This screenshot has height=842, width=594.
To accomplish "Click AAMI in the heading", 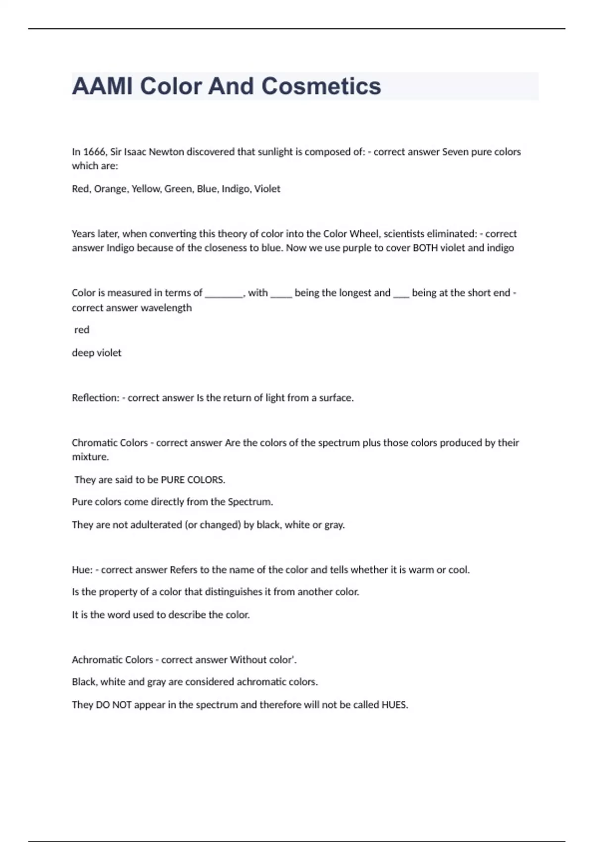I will coord(102,86).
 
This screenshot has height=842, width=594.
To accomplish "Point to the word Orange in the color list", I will coord(110,189).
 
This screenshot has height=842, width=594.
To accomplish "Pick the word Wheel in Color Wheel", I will coord(364,234).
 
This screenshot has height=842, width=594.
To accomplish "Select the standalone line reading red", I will coord(82,330).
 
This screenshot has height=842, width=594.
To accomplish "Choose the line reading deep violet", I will coord(97,353).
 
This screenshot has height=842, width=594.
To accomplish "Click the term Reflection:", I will coord(96,398).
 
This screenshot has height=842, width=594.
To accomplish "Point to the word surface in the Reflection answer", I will coord(336,398).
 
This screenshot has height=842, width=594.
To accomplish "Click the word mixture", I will coord(90,457).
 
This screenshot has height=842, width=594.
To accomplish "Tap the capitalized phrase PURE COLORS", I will coord(193,480).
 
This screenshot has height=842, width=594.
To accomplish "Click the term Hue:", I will coord(82,570).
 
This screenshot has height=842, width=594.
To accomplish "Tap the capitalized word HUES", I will coord(394,705).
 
